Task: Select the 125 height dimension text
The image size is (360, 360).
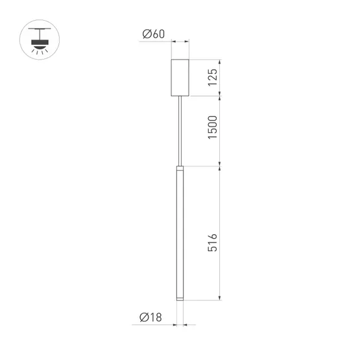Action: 212,77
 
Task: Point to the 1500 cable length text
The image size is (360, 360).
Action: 212,128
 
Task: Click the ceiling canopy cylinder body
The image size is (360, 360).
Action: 179,77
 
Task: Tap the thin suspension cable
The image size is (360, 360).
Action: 179,130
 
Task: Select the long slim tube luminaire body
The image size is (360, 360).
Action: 179,234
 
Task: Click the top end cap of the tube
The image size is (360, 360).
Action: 179,169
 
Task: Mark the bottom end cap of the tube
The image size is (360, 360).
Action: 179,300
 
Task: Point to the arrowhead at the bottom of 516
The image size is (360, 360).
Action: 222,300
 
